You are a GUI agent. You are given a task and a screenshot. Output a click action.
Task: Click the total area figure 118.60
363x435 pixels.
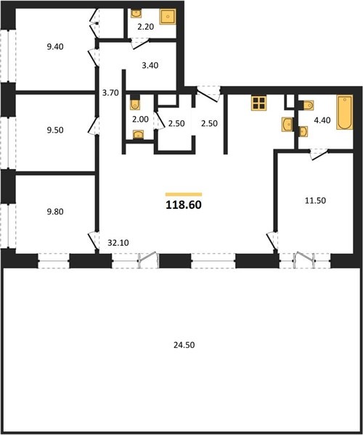(184, 205)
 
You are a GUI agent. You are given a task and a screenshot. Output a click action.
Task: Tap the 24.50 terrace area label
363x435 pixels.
(184, 345)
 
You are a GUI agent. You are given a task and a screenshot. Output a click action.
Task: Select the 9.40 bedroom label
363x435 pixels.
(55, 46)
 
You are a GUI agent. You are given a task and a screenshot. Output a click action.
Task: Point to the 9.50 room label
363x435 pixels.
(55, 130)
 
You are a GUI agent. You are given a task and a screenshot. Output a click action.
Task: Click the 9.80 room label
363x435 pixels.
(55, 212)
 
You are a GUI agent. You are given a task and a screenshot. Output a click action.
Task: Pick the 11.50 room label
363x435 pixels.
(316, 200)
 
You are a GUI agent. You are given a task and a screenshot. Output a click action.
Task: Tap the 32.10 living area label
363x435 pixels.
(118, 243)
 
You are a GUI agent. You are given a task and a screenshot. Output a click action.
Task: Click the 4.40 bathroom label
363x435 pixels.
(322, 120)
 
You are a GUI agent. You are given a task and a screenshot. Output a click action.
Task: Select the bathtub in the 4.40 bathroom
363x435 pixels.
(345, 112)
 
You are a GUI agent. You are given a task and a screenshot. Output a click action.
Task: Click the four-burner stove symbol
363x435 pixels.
(259, 103)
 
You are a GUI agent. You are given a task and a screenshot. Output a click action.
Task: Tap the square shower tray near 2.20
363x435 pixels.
(168, 17)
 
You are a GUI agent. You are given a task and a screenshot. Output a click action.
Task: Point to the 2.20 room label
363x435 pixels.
(146, 27)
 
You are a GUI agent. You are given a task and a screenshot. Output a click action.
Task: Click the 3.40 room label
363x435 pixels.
(150, 65)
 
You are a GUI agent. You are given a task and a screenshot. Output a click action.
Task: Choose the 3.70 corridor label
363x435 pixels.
(110, 93)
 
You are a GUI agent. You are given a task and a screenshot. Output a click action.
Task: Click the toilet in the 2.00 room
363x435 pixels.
(135, 103)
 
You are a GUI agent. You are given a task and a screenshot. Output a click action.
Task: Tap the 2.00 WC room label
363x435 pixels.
(140, 120)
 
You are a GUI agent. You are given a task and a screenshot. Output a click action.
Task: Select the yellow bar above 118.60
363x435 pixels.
(184, 194)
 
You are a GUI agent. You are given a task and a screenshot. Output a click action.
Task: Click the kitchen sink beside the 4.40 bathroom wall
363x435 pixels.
(287, 124)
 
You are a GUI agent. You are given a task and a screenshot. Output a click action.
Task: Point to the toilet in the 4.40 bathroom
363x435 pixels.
(306, 105)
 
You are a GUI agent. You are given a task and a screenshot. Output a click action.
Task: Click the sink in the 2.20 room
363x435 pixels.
(136, 13)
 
